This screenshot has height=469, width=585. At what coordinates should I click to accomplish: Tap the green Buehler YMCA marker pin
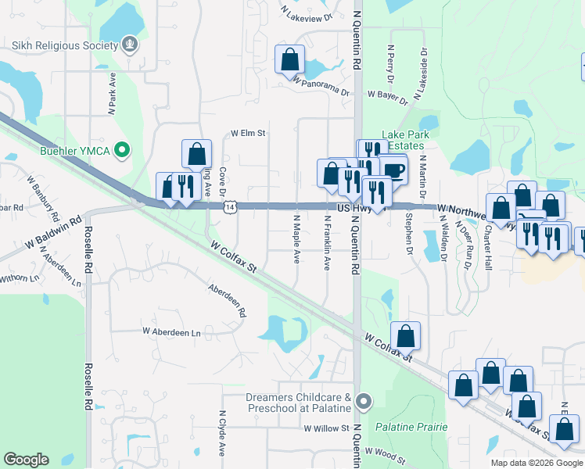(x=121, y=149)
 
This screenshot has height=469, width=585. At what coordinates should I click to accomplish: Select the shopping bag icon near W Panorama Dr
(x=290, y=59)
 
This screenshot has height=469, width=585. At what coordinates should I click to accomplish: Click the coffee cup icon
(x=393, y=170)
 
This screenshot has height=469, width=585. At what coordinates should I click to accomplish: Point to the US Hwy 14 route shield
(x=228, y=206)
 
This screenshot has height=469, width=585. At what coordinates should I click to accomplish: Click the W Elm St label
(x=248, y=134)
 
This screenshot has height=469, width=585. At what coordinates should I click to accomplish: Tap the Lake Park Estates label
(x=403, y=140)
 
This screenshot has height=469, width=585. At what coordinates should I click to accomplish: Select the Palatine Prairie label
(x=411, y=427)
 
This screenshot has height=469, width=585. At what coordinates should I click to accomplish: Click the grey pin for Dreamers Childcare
(x=363, y=403)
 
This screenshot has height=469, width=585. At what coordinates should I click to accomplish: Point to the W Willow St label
(x=326, y=428)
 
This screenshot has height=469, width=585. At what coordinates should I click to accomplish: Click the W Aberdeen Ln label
(x=171, y=332)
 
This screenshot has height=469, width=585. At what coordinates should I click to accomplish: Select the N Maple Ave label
(x=297, y=239)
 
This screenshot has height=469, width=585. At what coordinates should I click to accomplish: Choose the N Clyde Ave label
(x=222, y=434)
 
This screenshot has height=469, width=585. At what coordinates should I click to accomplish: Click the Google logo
(x=26, y=460)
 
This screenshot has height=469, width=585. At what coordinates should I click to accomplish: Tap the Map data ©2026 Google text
(x=536, y=463)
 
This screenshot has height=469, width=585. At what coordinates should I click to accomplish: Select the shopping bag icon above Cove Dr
(x=196, y=154)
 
